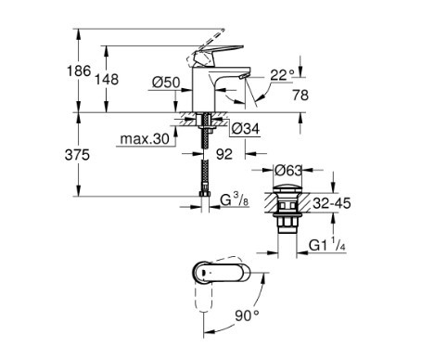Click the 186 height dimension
[x=79, y=71]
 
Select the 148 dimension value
[x=107, y=79]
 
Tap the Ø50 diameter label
[x=166, y=83]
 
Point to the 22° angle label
[x=283, y=74]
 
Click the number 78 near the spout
[x=300, y=95]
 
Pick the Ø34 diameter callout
[x=246, y=129]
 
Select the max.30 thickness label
[x=145, y=139]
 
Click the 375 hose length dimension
[x=77, y=155]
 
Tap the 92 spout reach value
[x=224, y=154]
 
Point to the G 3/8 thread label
[x=235, y=200]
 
